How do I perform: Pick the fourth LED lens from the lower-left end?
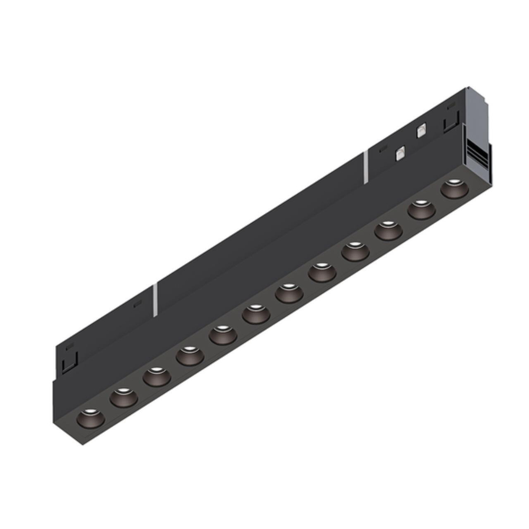[190, 355]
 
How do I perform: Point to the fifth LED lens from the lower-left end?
[223, 335]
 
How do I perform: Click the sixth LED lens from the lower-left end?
[256, 314]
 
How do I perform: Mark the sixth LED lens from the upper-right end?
[289, 293]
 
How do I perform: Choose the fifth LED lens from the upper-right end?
[322, 272]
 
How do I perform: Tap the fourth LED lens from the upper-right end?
[355, 252]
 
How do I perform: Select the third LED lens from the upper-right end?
[388, 231]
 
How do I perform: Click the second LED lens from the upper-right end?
[422, 209]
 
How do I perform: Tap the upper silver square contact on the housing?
[422, 131]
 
